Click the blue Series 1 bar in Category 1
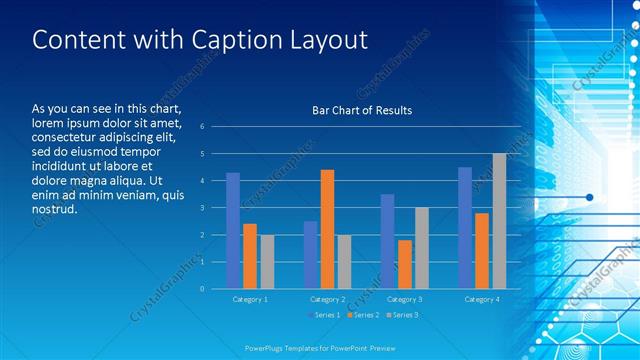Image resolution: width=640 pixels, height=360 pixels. (x=233, y=230)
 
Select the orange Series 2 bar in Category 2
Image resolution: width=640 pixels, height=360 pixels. (x=327, y=229)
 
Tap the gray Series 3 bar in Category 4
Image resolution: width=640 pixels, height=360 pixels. (x=499, y=221)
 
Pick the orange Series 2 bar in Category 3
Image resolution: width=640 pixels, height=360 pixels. (x=404, y=264)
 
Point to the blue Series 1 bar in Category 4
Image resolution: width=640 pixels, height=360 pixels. (x=465, y=228)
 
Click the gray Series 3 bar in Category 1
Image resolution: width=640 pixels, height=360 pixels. (x=266, y=261)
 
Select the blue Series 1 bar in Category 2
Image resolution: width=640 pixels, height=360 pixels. (x=311, y=255)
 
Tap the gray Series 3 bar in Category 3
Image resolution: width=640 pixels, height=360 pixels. (x=421, y=248)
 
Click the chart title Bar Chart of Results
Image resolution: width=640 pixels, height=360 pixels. (x=362, y=110)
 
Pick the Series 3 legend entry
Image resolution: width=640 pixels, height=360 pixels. (x=400, y=315)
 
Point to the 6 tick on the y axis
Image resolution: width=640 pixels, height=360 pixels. (x=202, y=127)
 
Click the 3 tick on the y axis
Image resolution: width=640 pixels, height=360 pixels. (x=202, y=208)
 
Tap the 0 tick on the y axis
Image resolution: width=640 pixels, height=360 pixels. (x=202, y=289)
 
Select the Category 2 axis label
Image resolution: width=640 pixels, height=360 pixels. (x=327, y=299)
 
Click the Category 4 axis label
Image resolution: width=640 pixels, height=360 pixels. (x=482, y=299)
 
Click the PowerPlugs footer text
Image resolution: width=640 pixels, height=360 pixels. (x=320, y=348)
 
